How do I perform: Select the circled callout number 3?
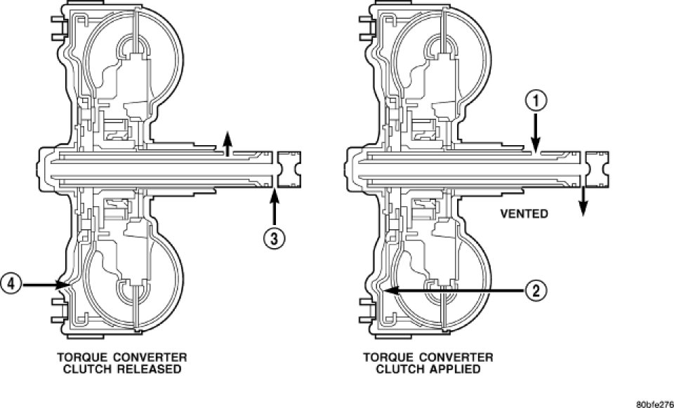coord(275,238)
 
